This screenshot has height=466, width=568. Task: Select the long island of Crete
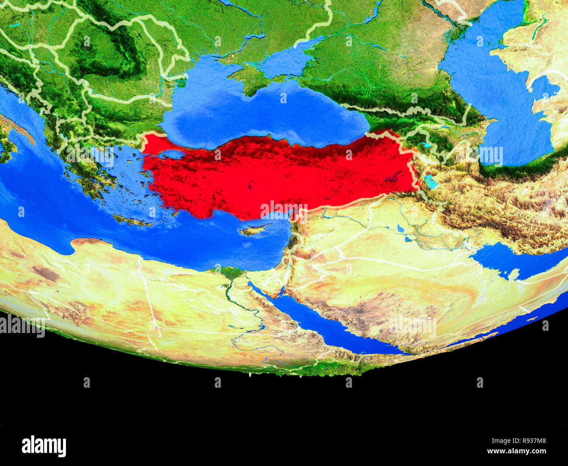coord(129,220)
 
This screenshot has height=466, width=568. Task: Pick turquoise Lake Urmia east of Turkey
coord(430,181)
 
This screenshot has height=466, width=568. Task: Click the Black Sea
coord(262,114)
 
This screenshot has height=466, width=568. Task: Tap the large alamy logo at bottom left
coord(44,446)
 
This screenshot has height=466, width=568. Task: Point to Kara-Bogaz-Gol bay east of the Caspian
coord(544,88)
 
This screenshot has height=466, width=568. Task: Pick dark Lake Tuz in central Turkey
coord(250,186)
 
